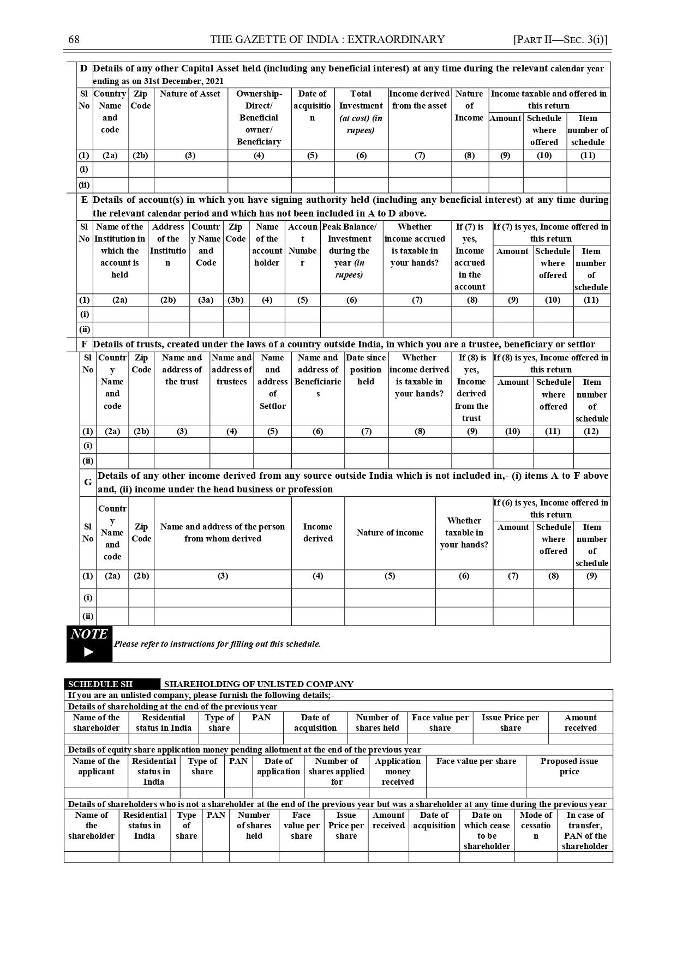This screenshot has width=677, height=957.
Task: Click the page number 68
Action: tap(74, 39)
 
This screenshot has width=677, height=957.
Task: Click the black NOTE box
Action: tap(89, 643)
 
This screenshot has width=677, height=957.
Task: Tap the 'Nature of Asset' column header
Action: tap(190, 94)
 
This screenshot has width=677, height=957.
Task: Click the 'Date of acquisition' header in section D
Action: tap(312, 106)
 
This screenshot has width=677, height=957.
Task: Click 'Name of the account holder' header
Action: tap(267, 244)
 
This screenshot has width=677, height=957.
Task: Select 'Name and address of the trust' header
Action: tap(182, 370)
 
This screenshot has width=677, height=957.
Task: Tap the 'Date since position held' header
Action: tap(366, 370)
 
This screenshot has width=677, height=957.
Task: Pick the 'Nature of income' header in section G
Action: tap(390, 533)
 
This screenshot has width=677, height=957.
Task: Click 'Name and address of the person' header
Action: tap(223, 533)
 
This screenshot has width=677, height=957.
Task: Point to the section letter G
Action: tap(88, 482)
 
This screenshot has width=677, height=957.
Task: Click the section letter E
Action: tap(85, 200)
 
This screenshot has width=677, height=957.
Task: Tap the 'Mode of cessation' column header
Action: tap(536, 825)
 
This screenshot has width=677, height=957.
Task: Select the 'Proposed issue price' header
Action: tap(569, 766)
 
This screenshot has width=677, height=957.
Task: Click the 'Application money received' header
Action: tap(398, 771)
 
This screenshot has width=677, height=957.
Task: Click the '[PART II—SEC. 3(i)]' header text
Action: tap(560, 39)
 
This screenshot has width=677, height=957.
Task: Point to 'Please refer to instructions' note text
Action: tap(217, 644)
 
